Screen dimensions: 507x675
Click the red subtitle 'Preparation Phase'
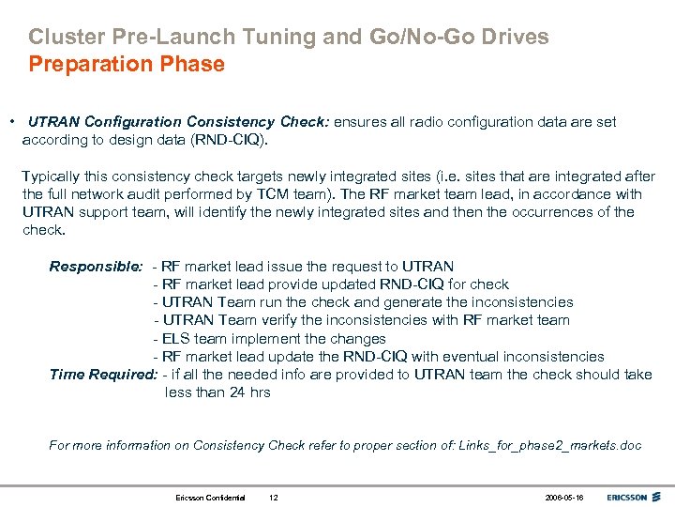coord(127,65)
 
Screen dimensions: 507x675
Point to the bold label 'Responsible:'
coord(96,267)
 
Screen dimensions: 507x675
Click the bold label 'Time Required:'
coord(103,375)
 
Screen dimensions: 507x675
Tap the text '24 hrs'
coord(249,392)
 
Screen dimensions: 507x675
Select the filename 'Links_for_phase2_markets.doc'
coord(550,445)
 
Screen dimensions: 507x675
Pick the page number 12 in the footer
coord(274,497)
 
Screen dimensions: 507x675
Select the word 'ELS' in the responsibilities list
coord(176,338)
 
